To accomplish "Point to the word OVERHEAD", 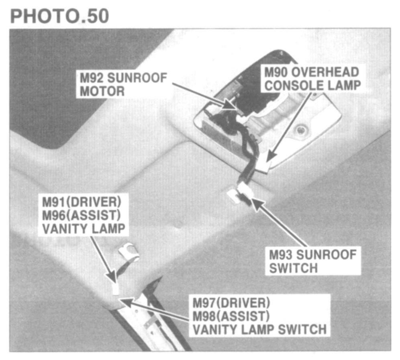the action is (x=327, y=72).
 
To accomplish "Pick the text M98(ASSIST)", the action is (x=230, y=316).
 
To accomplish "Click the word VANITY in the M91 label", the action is (x=63, y=228).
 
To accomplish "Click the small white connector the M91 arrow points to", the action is (x=115, y=288).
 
